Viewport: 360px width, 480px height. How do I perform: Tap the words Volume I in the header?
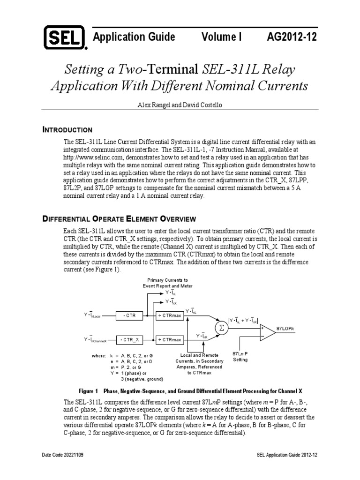pos(221,37)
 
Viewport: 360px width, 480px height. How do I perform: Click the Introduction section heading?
pos(67,130)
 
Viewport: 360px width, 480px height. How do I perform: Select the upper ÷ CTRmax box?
pos(169,316)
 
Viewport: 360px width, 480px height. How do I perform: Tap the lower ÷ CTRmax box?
pos(169,339)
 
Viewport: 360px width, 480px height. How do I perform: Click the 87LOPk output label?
pos(286,328)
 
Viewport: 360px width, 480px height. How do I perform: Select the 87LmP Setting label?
pos(240,356)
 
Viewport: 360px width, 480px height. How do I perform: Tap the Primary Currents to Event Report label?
pos(168,283)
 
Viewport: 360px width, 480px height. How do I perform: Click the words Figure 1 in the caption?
pos(89,390)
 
